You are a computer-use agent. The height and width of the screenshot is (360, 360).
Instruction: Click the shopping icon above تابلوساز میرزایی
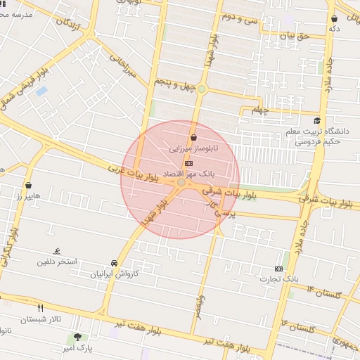click(x=193, y=138)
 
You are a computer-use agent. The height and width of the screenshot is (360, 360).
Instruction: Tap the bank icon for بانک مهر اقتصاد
click(x=188, y=162)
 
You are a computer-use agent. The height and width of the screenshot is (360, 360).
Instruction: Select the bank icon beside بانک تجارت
click(x=279, y=269)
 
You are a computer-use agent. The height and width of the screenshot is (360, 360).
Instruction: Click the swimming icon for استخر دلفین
click(x=57, y=252)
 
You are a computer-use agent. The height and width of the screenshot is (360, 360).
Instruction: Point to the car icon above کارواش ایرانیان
click(x=114, y=264)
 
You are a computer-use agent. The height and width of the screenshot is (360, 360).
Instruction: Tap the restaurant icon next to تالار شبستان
click(x=40, y=308)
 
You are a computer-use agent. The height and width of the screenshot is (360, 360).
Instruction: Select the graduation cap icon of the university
click(x=317, y=120)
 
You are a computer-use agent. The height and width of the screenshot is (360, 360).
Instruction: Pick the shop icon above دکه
click(x=334, y=18)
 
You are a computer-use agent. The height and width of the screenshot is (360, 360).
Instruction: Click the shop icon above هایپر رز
click(x=28, y=186)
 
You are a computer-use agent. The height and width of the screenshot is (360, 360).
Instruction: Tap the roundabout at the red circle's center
click(x=181, y=183)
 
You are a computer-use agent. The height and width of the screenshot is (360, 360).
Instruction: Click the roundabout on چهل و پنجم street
click(x=202, y=89)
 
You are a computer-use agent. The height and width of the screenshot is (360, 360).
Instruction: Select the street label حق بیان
click(x=295, y=35)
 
